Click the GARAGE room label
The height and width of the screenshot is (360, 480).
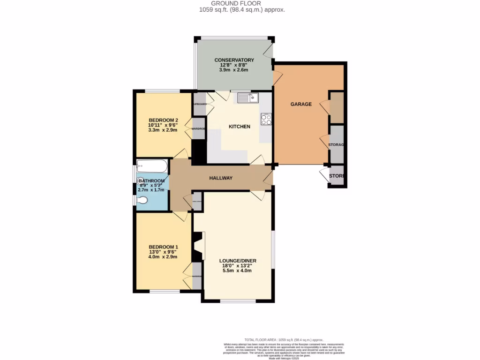301,104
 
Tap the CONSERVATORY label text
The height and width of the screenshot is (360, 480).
234,60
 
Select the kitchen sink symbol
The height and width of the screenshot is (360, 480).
247,97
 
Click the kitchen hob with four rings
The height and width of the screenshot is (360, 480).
266,120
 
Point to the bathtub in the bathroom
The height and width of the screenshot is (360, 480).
151,166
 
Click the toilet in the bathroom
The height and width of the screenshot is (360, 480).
142,200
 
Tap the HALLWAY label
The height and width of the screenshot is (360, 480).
221,178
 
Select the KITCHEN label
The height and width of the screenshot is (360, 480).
239,127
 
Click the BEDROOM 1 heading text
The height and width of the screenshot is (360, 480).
163,247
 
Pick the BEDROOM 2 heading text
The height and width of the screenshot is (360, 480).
163,120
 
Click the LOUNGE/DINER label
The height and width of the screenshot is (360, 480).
238,261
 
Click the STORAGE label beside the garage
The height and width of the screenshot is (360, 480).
337,145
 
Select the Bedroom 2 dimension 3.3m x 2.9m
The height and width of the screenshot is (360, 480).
163,130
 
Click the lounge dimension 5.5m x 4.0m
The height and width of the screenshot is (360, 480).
238,270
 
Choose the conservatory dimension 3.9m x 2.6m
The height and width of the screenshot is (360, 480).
233,70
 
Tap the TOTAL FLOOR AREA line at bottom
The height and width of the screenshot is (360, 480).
284,339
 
